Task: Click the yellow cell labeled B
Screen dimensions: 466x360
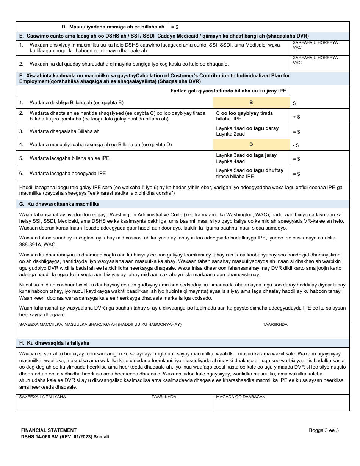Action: pyautogui.click(x=251, y=103)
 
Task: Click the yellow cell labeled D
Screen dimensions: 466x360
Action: pyautogui.click(x=251, y=145)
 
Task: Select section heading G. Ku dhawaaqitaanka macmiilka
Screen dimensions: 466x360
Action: pyautogui.click(x=59, y=204)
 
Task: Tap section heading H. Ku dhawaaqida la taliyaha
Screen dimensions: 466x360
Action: pyautogui.click(x=54, y=343)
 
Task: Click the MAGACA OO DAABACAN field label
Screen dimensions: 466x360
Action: pyautogui.click(x=241, y=397)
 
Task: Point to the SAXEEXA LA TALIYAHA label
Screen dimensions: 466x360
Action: pyautogui.click(x=42, y=397)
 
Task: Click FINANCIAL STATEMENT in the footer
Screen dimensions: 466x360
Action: pyautogui.click(x=49, y=430)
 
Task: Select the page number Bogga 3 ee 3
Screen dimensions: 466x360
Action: pyautogui.click(x=324, y=430)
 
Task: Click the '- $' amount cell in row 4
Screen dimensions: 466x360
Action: pyautogui.click(x=319, y=145)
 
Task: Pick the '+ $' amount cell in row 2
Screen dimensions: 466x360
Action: pyautogui.click(x=319, y=117)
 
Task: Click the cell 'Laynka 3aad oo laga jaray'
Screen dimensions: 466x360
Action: pyautogui.click(x=246, y=155)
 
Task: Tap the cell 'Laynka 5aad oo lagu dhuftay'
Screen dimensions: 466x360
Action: pyautogui.click(x=250, y=170)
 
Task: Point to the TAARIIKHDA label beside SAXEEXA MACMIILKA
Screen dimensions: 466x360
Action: pyautogui.click(x=275, y=325)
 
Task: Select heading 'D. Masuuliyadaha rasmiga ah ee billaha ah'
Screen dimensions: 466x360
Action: pyautogui.click(x=113, y=27)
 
